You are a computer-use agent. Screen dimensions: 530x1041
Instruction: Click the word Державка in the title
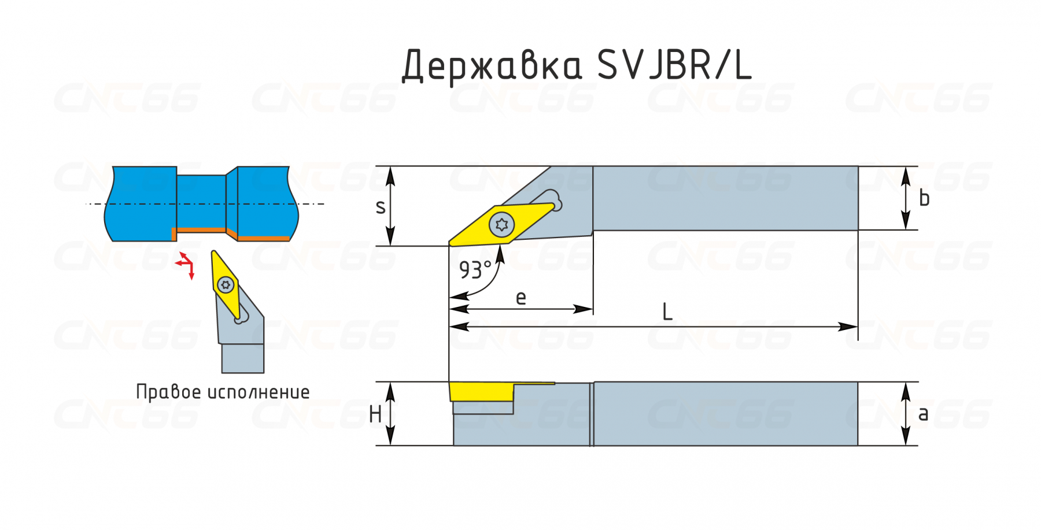[492, 65]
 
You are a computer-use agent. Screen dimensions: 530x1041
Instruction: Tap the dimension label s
[380, 207]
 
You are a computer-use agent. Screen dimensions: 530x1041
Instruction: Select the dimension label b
[924, 198]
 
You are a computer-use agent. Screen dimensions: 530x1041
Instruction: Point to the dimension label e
[520, 298]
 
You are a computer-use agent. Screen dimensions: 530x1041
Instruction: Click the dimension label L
[667, 313]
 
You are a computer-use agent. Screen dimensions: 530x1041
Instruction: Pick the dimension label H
[375, 414]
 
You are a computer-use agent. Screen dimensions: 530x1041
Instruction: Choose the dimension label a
[923, 414]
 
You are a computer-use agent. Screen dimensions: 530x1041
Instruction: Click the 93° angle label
[475, 269]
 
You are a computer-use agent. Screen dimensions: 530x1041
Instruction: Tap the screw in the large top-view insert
[501, 224]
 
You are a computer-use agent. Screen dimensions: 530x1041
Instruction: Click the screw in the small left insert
[226, 284]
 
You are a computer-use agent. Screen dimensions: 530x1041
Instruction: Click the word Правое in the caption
[168, 392]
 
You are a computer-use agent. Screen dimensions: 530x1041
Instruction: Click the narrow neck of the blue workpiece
[201, 202]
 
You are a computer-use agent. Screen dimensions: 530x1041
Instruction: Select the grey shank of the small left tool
[243, 358]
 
